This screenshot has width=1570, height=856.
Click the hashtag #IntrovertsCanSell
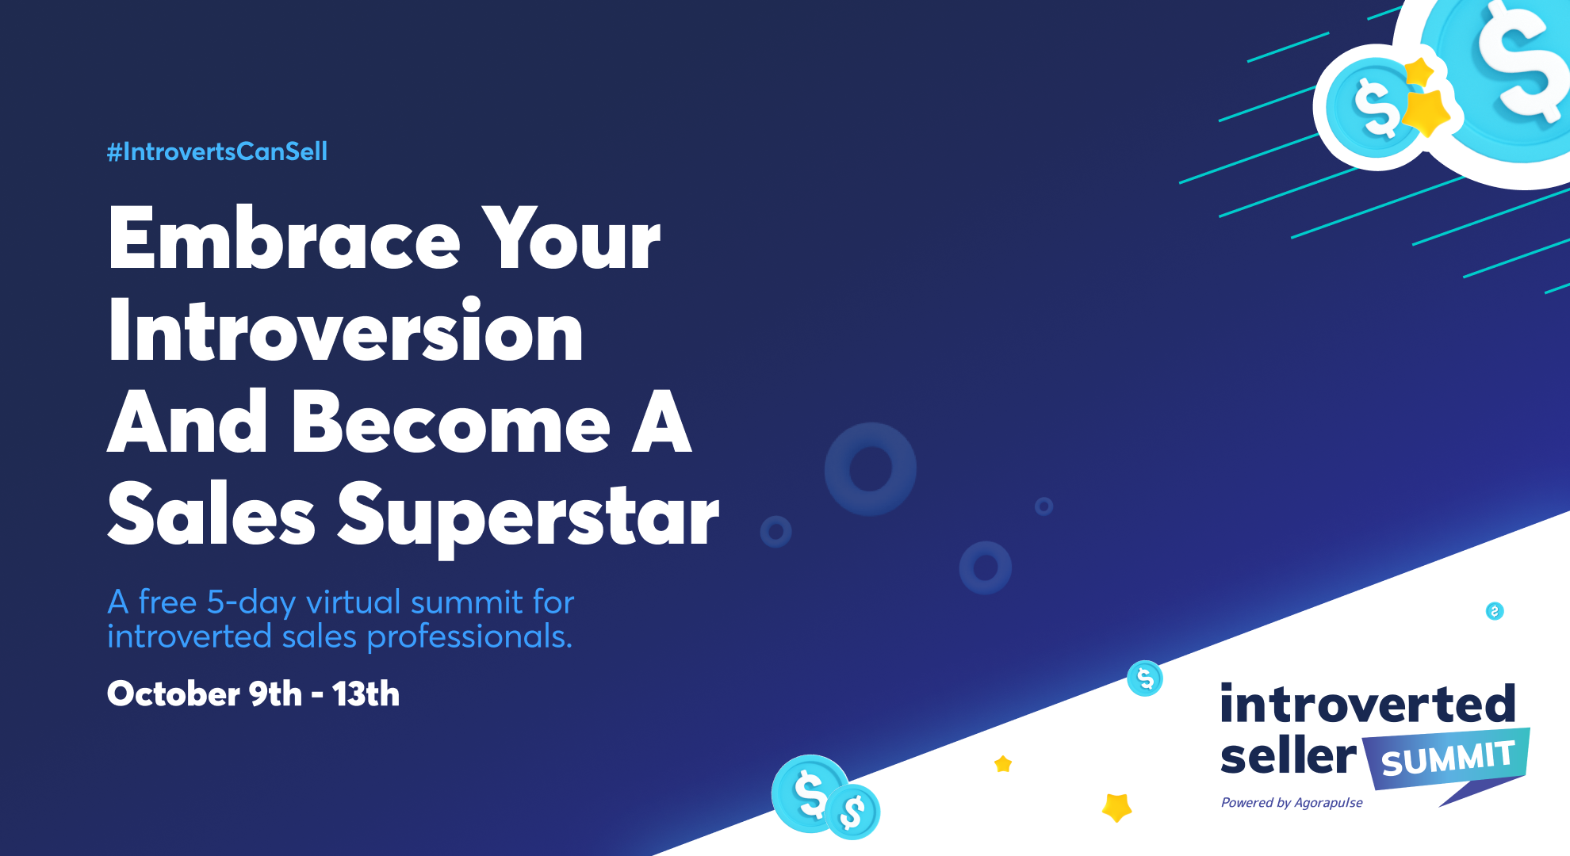[217, 151]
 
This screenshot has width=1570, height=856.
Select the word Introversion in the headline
[346, 331]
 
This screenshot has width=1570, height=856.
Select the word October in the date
[174, 694]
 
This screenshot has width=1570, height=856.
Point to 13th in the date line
[366, 694]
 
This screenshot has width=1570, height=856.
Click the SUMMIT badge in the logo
[1446, 759]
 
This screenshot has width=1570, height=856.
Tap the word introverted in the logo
[1368, 704]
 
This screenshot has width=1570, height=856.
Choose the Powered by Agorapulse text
[1292, 803]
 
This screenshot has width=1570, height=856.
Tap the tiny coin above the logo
[1495, 611]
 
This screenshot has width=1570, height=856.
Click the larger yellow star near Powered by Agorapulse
[1117, 807]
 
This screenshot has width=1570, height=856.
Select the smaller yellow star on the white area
[1003, 764]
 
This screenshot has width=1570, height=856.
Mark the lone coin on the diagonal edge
[1145, 678]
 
